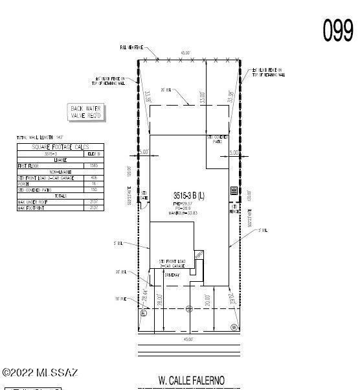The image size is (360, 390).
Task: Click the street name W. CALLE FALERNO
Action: click(x=192, y=380)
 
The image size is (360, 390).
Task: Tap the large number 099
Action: click(x=338, y=30)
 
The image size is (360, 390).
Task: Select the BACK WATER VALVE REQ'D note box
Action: click(x=87, y=112)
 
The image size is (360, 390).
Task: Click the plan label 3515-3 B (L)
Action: click(x=189, y=195)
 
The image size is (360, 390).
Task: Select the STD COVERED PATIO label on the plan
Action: click(x=218, y=139)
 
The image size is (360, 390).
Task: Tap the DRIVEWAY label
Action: click(x=174, y=275)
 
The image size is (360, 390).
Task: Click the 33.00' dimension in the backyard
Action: click(x=203, y=97)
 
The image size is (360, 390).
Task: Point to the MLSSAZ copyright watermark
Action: click(x=40, y=373)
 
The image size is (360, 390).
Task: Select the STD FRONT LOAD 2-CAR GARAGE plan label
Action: click(x=174, y=264)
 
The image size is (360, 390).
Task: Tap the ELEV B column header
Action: click(x=94, y=154)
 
